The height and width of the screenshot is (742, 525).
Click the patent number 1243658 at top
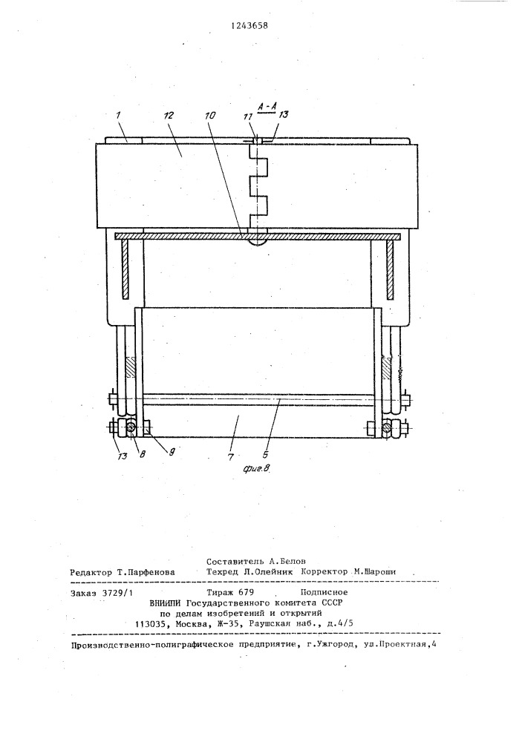[x=250, y=26]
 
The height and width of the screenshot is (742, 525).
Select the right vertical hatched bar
[x=390, y=270]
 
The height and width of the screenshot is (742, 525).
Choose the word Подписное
[x=325, y=592]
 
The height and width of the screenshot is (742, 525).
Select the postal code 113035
[x=150, y=624]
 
